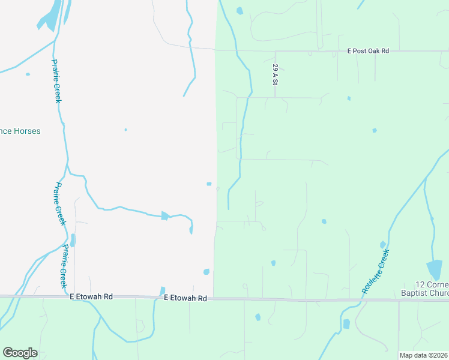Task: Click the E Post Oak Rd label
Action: (x=369, y=51)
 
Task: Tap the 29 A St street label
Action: (x=274, y=74)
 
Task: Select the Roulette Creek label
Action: (x=376, y=271)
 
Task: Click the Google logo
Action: (x=20, y=353)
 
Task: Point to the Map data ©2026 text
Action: (x=423, y=355)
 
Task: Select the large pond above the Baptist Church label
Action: (x=434, y=269)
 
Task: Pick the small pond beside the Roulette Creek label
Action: (x=382, y=244)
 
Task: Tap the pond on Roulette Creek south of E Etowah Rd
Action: (x=346, y=324)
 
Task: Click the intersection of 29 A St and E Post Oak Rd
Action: (x=275, y=52)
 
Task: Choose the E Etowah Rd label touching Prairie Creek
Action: (x=92, y=296)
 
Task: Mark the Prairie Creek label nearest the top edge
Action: (x=56, y=80)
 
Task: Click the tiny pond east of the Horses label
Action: (x=125, y=130)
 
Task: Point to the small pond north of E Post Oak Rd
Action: (x=240, y=11)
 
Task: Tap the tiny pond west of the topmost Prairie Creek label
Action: (x=27, y=74)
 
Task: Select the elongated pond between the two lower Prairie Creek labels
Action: (x=73, y=241)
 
